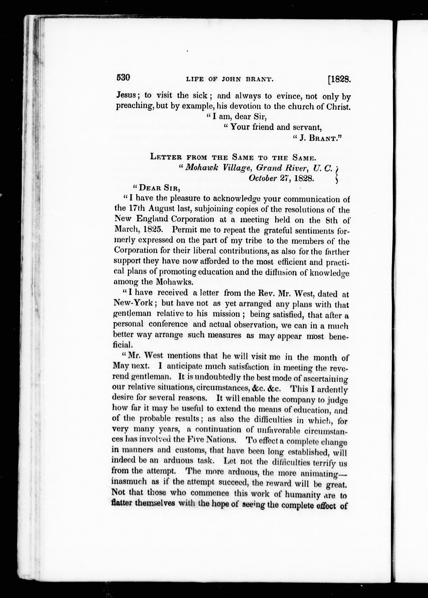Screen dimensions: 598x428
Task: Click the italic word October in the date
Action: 263,178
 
